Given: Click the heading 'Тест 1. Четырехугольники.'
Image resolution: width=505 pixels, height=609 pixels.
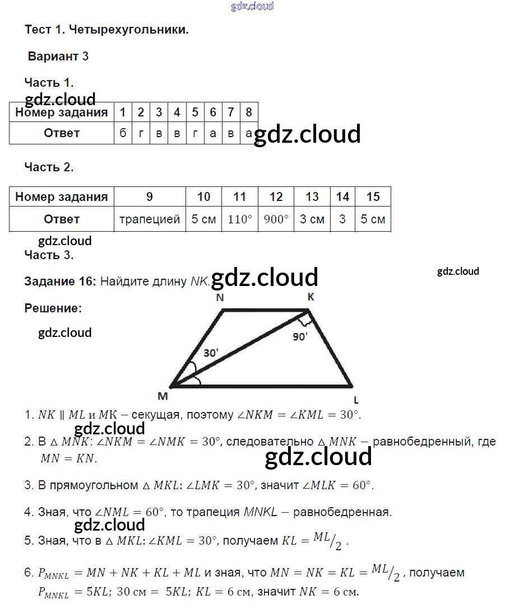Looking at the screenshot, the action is coord(106,30).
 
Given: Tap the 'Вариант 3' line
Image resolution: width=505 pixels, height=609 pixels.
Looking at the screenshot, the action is coord(58,57).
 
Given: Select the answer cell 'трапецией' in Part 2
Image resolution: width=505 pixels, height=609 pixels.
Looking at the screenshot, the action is coord(150,219).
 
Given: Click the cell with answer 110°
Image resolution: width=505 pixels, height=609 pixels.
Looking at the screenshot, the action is coord(240,219).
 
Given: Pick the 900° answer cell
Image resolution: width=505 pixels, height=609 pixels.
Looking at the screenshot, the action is coord(276,219).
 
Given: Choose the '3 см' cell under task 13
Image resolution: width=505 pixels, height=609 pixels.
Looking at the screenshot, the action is coord(312,219).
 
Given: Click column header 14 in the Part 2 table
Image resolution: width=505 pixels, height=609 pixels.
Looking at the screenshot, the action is coord(342,196).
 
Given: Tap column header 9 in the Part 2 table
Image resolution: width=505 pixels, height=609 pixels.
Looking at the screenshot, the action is coord(150,196).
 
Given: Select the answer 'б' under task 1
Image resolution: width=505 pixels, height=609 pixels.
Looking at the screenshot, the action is coord(123,133).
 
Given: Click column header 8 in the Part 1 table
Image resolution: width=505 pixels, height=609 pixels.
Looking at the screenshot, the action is coord(249,112).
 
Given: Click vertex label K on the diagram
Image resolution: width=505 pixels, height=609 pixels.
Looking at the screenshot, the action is coord(311,297).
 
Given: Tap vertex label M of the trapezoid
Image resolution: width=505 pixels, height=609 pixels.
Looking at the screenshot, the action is coord(163,396).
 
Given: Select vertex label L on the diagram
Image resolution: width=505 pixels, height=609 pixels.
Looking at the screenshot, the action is coord(356,400).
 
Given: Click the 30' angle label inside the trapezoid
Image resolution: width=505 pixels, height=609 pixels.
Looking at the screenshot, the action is coord(211,353).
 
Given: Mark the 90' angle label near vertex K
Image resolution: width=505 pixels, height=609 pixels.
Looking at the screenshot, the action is coord(300,337).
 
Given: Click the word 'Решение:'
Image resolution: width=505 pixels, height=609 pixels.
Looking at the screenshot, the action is coord(53,308).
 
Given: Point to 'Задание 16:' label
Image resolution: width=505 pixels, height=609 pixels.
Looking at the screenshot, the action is coord(61,282).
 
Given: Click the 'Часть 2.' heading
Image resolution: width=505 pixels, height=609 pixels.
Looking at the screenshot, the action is coord(49,167).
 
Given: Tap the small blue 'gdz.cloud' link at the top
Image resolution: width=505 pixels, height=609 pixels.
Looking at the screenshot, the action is coord(252,6).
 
